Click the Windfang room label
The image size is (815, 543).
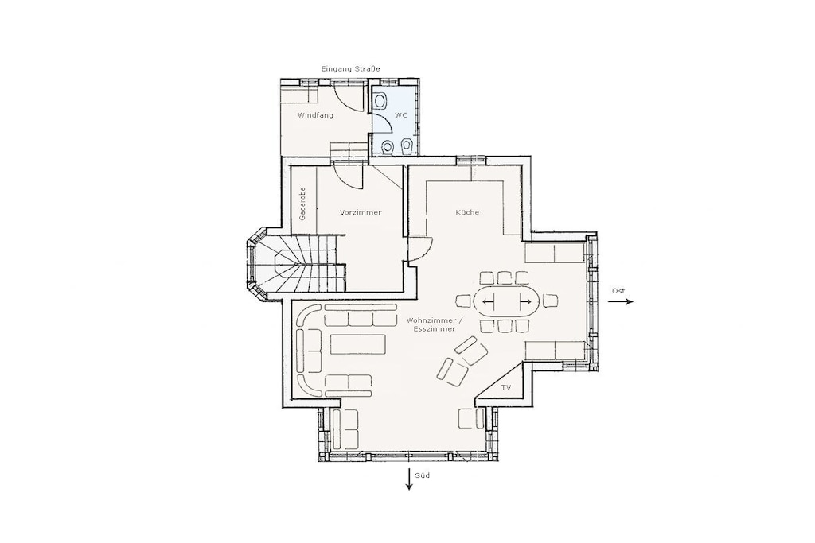(315, 115)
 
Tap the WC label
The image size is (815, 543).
(401, 115)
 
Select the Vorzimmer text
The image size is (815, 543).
(361, 212)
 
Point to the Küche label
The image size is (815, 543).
(467, 212)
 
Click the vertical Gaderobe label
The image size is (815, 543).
(302, 204)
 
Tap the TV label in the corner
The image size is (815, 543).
(505, 388)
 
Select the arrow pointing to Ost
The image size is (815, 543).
(621, 301)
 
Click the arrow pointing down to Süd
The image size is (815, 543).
(409, 479)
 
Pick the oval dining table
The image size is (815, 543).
(506, 301)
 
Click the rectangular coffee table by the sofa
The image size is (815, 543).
(358, 344)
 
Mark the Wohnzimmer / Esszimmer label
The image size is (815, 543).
(431, 324)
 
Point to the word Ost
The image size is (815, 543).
(618, 291)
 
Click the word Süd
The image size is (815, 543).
(423, 475)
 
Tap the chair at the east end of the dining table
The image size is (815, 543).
(550, 301)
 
